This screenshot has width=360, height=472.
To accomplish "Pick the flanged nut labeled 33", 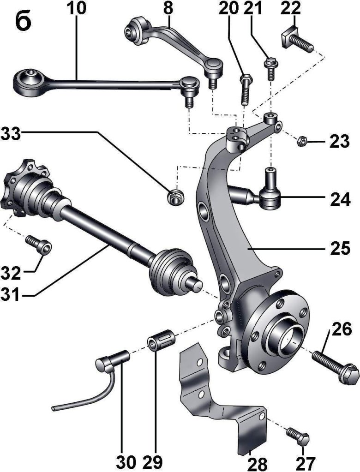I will pos(175,197).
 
